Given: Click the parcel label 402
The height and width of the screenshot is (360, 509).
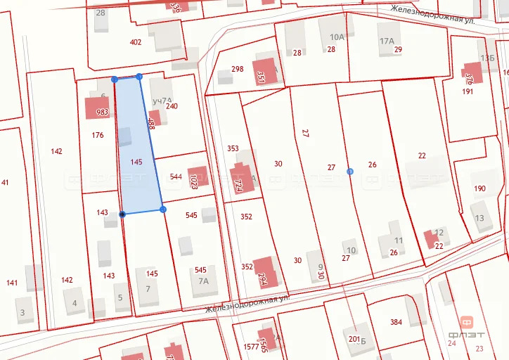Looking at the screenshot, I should click(x=136, y=42).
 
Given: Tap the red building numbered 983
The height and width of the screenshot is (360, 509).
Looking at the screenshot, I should click(x=97, y=108).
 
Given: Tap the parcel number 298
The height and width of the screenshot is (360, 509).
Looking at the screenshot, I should click(x=237, y=69).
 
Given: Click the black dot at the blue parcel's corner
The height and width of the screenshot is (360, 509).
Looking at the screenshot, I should click(x=122, y=214).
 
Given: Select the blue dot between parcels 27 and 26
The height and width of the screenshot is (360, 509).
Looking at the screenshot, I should click(x=350, y=171).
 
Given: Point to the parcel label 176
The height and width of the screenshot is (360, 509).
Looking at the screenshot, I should click(x=98, y=135).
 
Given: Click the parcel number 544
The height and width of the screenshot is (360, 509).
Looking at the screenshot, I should click(x=176, y=176).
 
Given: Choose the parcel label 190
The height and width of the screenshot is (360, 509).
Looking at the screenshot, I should click(x=479, y=188).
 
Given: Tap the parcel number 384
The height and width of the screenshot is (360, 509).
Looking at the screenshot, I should click(x=396, y=323).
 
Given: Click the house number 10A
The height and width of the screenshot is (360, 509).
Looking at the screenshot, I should click(x=337, y=37).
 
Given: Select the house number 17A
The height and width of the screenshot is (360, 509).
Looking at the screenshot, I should click(x=387, y=41).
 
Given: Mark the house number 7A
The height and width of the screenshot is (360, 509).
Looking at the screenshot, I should click(x=204, y=281).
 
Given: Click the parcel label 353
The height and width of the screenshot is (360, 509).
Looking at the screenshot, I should click(x=233, y=148).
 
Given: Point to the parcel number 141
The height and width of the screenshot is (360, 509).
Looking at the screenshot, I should click(x=12, y=283).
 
